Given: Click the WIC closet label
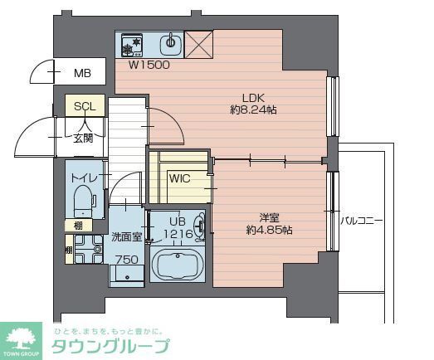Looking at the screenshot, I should pos(180,178).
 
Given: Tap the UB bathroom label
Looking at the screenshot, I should pos(178,221).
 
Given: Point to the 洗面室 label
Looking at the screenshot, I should pos(127,237).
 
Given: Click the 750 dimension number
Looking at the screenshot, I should pos(126,260).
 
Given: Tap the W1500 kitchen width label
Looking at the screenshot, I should pos(149,65).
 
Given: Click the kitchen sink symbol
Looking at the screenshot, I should pos(171,42).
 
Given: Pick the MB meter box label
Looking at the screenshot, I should pos(81,73).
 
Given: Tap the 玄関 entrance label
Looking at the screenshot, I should pos(82,137).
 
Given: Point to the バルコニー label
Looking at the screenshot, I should pos(361,221).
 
